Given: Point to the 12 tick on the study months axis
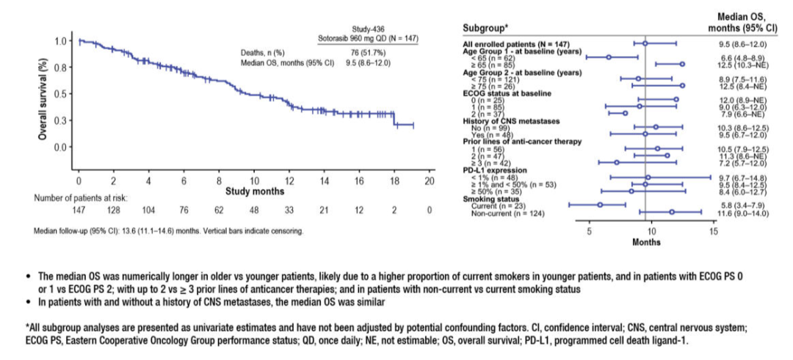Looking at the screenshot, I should (x=289, y=181).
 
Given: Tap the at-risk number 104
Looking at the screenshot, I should (x=149, y=209).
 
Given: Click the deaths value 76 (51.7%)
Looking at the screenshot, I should (x=360, y=53).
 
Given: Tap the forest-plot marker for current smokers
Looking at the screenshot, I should (x=600, y=204).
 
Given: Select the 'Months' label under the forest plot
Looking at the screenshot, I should (x=646, y=242).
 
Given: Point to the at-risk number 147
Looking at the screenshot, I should (x=79, y=209).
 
